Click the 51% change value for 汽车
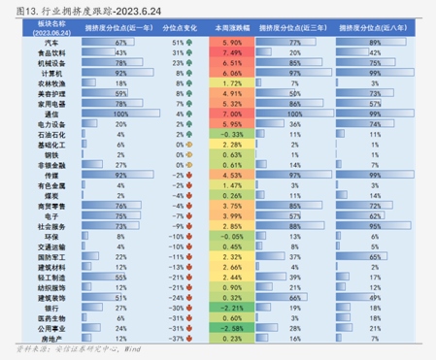click(x=177, y=44)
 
